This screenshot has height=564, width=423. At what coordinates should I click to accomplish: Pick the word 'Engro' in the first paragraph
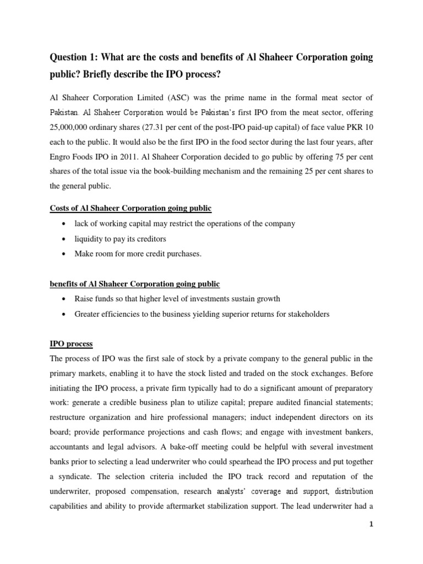point(63,157)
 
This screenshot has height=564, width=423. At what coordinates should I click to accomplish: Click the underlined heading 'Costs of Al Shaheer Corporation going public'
point(131,208)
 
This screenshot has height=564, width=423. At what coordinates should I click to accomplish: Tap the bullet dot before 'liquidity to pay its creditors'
point(66,238)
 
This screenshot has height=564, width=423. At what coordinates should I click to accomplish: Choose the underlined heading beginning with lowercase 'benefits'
point(135,284)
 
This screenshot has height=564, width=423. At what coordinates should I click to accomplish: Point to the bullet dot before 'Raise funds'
point(66,299)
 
